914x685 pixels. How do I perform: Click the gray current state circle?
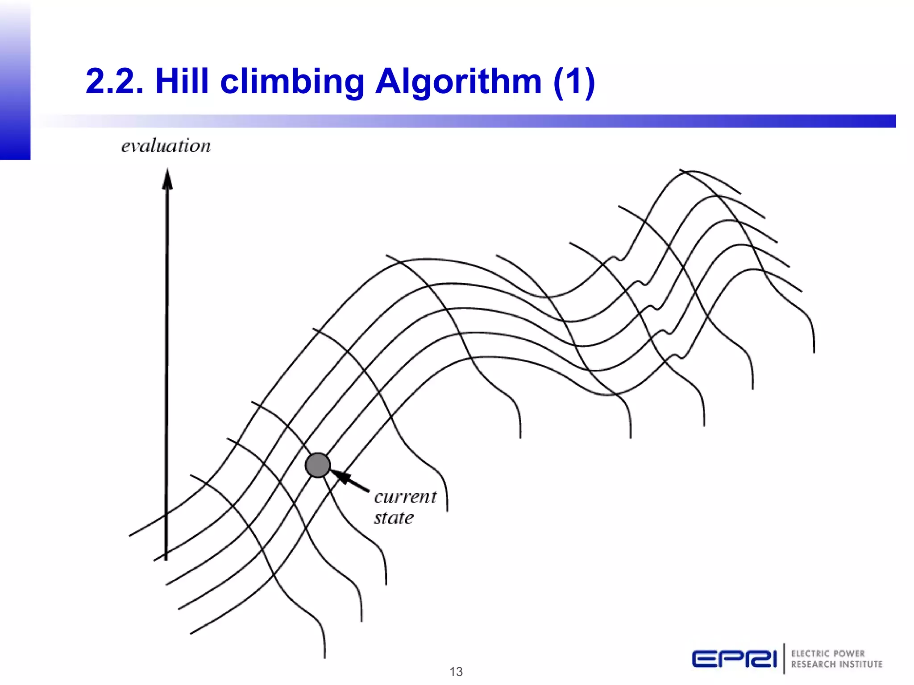318,465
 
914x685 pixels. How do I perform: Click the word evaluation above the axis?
166,146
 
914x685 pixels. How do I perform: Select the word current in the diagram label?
405,497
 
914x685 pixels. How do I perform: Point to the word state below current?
394,518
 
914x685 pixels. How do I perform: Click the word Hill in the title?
182,82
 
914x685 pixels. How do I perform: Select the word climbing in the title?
292,83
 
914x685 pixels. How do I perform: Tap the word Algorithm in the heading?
458,83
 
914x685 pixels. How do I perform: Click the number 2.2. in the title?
114,82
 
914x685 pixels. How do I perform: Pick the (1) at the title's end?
573,82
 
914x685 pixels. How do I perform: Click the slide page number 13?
456,672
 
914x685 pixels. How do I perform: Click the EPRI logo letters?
734,659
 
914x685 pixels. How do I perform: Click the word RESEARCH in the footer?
813,664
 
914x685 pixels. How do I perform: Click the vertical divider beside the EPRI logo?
784,658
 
